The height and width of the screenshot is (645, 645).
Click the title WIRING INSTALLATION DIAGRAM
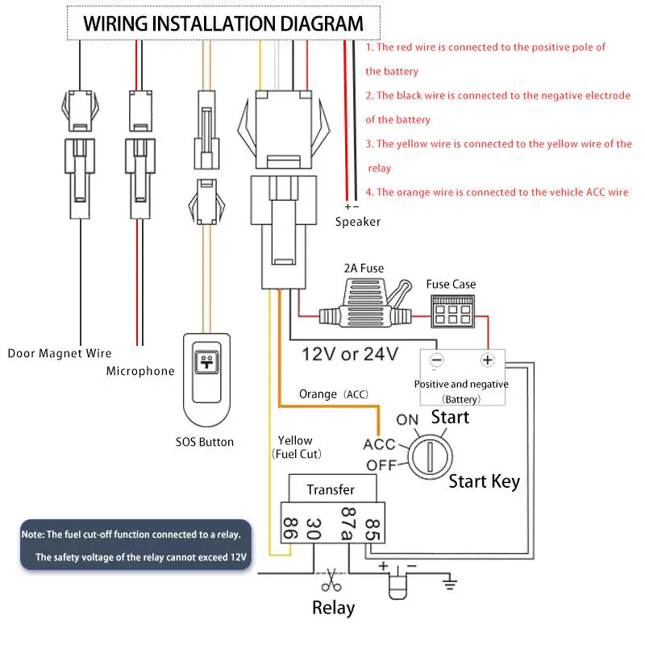[x=223, y=23]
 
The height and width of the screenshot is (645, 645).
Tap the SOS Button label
[x=205, y=442]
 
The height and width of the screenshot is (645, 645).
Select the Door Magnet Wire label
[x=60, y=353]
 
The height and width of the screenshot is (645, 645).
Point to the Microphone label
[x=140, y=371]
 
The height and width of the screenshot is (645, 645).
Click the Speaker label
[x=357, y=222]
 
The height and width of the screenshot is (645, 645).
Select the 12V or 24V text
[x=350, y=353]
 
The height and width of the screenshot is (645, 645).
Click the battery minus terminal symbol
[x=436, y=360]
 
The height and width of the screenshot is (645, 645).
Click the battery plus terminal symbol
[x=487, y=360]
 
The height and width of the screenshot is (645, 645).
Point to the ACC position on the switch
[x=379, y=444]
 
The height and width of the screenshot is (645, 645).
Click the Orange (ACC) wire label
[x=333, y=394]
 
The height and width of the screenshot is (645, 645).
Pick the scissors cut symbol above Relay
[x=329, y=578]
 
